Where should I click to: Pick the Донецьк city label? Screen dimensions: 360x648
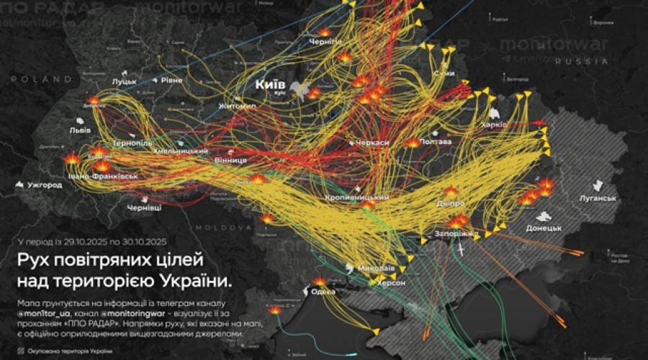(x=544, y=228)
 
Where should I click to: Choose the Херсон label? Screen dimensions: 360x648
(x=390, y=283)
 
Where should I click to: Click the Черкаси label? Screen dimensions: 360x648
(x=371, y=143)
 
